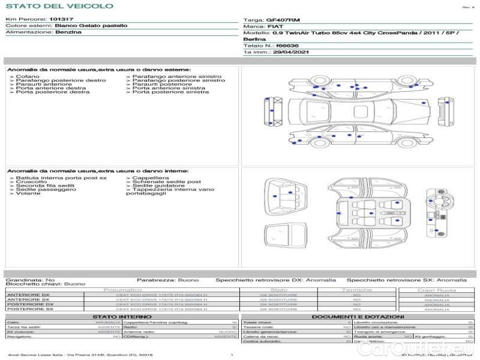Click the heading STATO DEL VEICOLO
pos(59,6)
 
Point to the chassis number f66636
pos(287,46)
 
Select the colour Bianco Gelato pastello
pos(91,26)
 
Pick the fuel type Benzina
pos(68,32)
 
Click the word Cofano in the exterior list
pos(28,77)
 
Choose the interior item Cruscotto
pos(31,182)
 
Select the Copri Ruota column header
pos(436,290)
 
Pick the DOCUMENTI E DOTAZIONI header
pos(358,316)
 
